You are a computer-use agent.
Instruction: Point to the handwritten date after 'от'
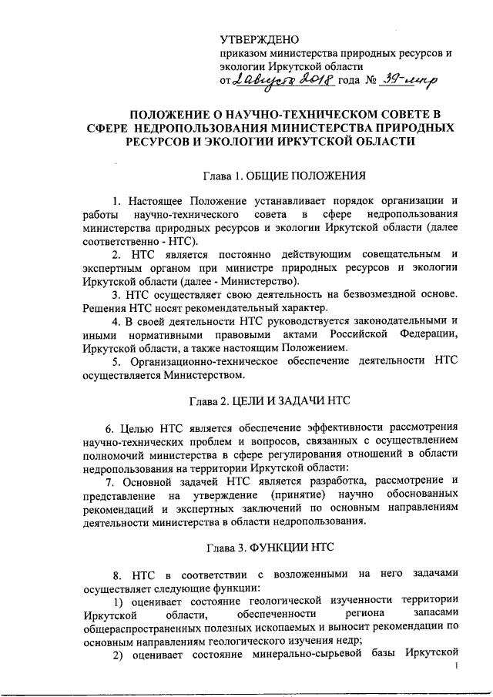pyautogui.click(x=274, y=79)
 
